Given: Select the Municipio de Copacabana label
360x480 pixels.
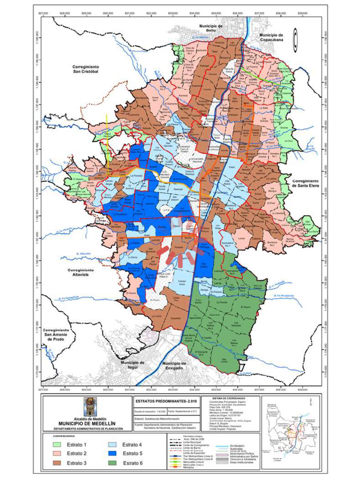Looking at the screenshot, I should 271,37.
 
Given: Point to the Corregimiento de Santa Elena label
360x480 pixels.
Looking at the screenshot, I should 305,183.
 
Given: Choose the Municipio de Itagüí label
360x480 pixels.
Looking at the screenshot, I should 132,365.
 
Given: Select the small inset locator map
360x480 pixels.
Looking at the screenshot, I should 290,427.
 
